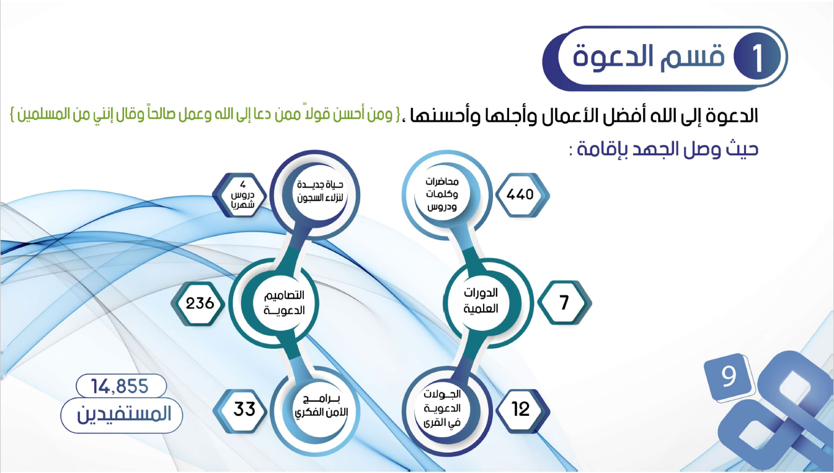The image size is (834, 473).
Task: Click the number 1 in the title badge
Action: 757,56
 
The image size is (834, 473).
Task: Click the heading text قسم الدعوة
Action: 649,56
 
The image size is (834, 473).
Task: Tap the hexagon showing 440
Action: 521,194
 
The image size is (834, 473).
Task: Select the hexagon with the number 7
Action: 564,302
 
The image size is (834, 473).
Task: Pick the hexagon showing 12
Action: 521,410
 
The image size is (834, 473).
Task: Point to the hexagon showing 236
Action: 199,304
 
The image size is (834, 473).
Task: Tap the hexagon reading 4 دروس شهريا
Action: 241,194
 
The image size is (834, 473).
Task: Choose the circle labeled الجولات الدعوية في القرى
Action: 445,410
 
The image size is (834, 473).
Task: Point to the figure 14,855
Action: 120,386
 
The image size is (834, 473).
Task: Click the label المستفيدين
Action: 123,415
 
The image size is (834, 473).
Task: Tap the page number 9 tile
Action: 728,377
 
